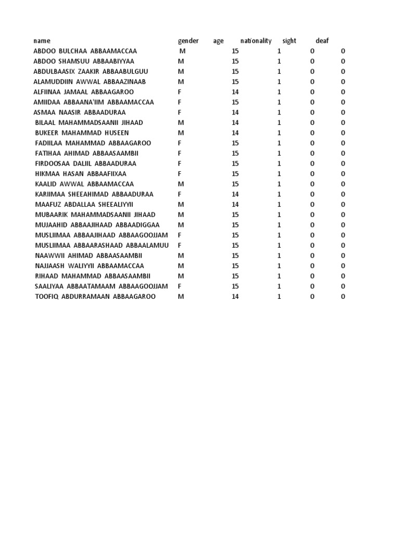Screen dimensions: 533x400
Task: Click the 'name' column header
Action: [42, 41]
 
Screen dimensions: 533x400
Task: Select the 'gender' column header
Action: [188, 41]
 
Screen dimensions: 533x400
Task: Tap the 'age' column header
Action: [218, 41]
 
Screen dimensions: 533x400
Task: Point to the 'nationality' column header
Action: [256, 41]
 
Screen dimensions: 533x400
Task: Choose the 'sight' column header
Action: [289, 41]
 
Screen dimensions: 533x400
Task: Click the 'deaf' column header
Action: [322, 41]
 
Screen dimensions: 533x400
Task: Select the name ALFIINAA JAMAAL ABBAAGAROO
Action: [83, 92]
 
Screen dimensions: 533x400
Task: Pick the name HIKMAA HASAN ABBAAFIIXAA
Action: [81, 174]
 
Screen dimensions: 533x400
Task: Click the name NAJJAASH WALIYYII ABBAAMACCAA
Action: [89, 266]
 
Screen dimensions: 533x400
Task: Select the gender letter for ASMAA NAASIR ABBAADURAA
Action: [180, 112]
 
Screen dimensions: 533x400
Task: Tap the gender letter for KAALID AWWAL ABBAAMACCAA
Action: [181, 184]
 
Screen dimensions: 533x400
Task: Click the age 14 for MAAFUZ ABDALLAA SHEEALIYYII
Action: [235, 205]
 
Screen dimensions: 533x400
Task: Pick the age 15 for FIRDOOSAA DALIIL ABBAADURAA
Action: [235, 163]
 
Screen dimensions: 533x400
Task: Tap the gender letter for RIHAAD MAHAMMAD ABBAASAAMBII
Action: [181, 276]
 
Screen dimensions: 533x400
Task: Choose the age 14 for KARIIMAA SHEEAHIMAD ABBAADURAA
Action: [235, 194]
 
